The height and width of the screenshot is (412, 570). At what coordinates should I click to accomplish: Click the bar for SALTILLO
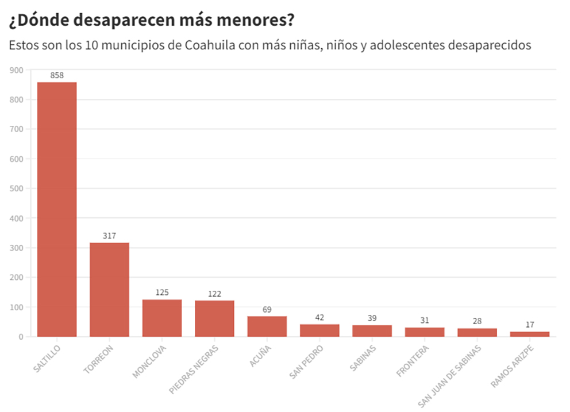[57, 209]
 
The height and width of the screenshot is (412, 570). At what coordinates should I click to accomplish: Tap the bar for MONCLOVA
[162, 318]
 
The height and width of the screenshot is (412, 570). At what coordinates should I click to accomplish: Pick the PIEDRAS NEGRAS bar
[214, 318]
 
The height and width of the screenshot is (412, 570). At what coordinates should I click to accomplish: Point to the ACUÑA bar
[267, 326]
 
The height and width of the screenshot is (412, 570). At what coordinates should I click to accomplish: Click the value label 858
[57, 75]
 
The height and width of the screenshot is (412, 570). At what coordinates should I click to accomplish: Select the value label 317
[109, 236]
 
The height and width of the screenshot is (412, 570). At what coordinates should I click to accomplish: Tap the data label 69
[267, 309]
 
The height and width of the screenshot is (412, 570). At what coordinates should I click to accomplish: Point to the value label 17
[530, 325]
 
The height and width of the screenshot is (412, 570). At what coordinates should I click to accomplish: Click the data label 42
[319, 317]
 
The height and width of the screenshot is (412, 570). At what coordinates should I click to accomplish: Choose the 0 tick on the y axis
[21, 337]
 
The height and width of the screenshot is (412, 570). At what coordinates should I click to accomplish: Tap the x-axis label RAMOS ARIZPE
[513, 365]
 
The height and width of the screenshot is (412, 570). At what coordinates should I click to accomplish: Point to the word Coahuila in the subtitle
[209, 45]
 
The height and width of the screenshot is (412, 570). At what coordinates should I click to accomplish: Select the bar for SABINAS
[372, 330]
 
